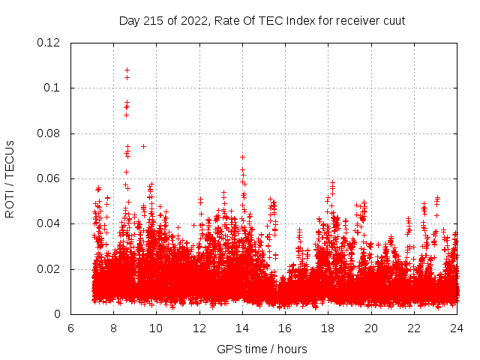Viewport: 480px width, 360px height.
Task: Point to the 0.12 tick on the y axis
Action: pyautogui.click(x=53, y=43)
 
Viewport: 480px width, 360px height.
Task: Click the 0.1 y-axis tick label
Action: pyautogui.click(x=56, y=88)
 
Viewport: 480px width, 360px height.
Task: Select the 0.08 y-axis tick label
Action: pyautogui.click(x=53, y=133)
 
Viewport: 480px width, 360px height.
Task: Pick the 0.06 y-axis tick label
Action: pyautogui.click(x=53, y=178)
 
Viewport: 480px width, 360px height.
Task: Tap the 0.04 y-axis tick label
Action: pyautogui.click(x=53, y=223)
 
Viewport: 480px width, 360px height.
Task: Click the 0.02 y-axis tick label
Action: pyautogui.click(x=53, y=269)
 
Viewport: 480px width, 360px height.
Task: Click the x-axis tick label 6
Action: pyautogui.click(x=70, y=328)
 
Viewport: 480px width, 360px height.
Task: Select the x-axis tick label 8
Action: pyautogui.click(x=113, y=328)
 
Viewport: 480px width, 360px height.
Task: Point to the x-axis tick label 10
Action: pyautogui.click(x=156, y=328)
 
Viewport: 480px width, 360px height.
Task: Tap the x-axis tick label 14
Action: pyautogui.click(x=242, y=328)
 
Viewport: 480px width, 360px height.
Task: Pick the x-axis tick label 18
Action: pyautogui.click(x=328, y=328)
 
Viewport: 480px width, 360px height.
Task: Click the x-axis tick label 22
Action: pyautogui.click(x=413, y=328)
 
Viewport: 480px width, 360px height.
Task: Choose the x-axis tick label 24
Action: pyautogui.click(x=456, y=328)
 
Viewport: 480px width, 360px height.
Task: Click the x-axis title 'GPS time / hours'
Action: pyautogui.click(x=262, y=349)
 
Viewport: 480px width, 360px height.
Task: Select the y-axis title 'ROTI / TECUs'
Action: pyautogui.click(x=10, y=178)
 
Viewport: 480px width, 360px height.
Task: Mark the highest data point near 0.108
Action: pyautogui.click(x=127, y=70)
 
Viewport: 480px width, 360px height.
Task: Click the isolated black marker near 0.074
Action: pyautogui.click(x=143, y=146)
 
